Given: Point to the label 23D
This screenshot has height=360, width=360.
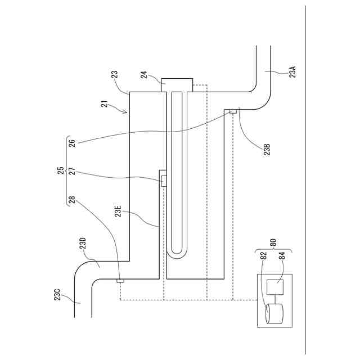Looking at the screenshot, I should click(83, 244).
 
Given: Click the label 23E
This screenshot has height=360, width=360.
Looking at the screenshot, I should click(119, 211).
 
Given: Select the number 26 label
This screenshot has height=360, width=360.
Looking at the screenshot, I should click(72, 143).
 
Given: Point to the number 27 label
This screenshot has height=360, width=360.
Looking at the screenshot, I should click(72, 171).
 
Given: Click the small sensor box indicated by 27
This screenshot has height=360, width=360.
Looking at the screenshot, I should click(164, 181).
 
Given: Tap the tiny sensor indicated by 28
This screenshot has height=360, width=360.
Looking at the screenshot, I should click(120, 280).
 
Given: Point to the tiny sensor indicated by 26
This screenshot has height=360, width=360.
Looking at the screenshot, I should click(232, 112).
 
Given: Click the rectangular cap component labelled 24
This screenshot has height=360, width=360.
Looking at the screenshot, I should click(177, 84).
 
